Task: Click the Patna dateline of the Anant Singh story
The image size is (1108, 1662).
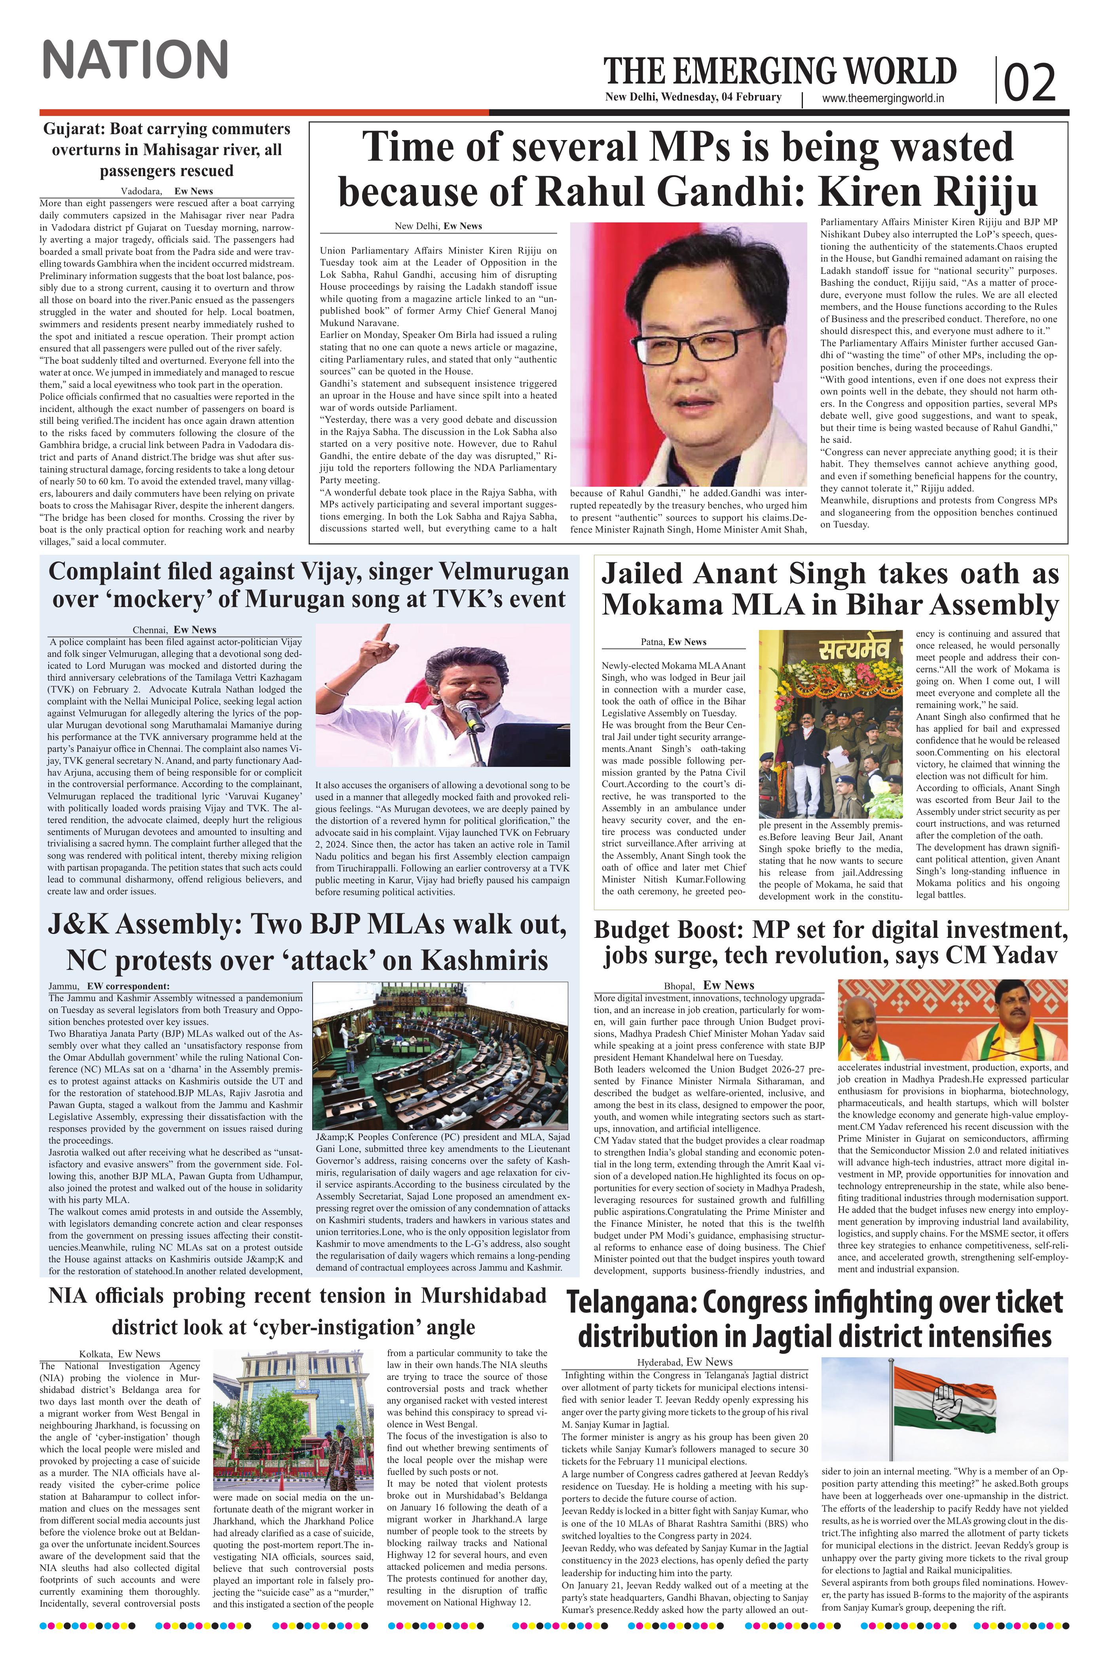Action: point(651,641)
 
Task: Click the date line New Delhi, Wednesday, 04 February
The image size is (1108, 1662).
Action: point(692,97)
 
